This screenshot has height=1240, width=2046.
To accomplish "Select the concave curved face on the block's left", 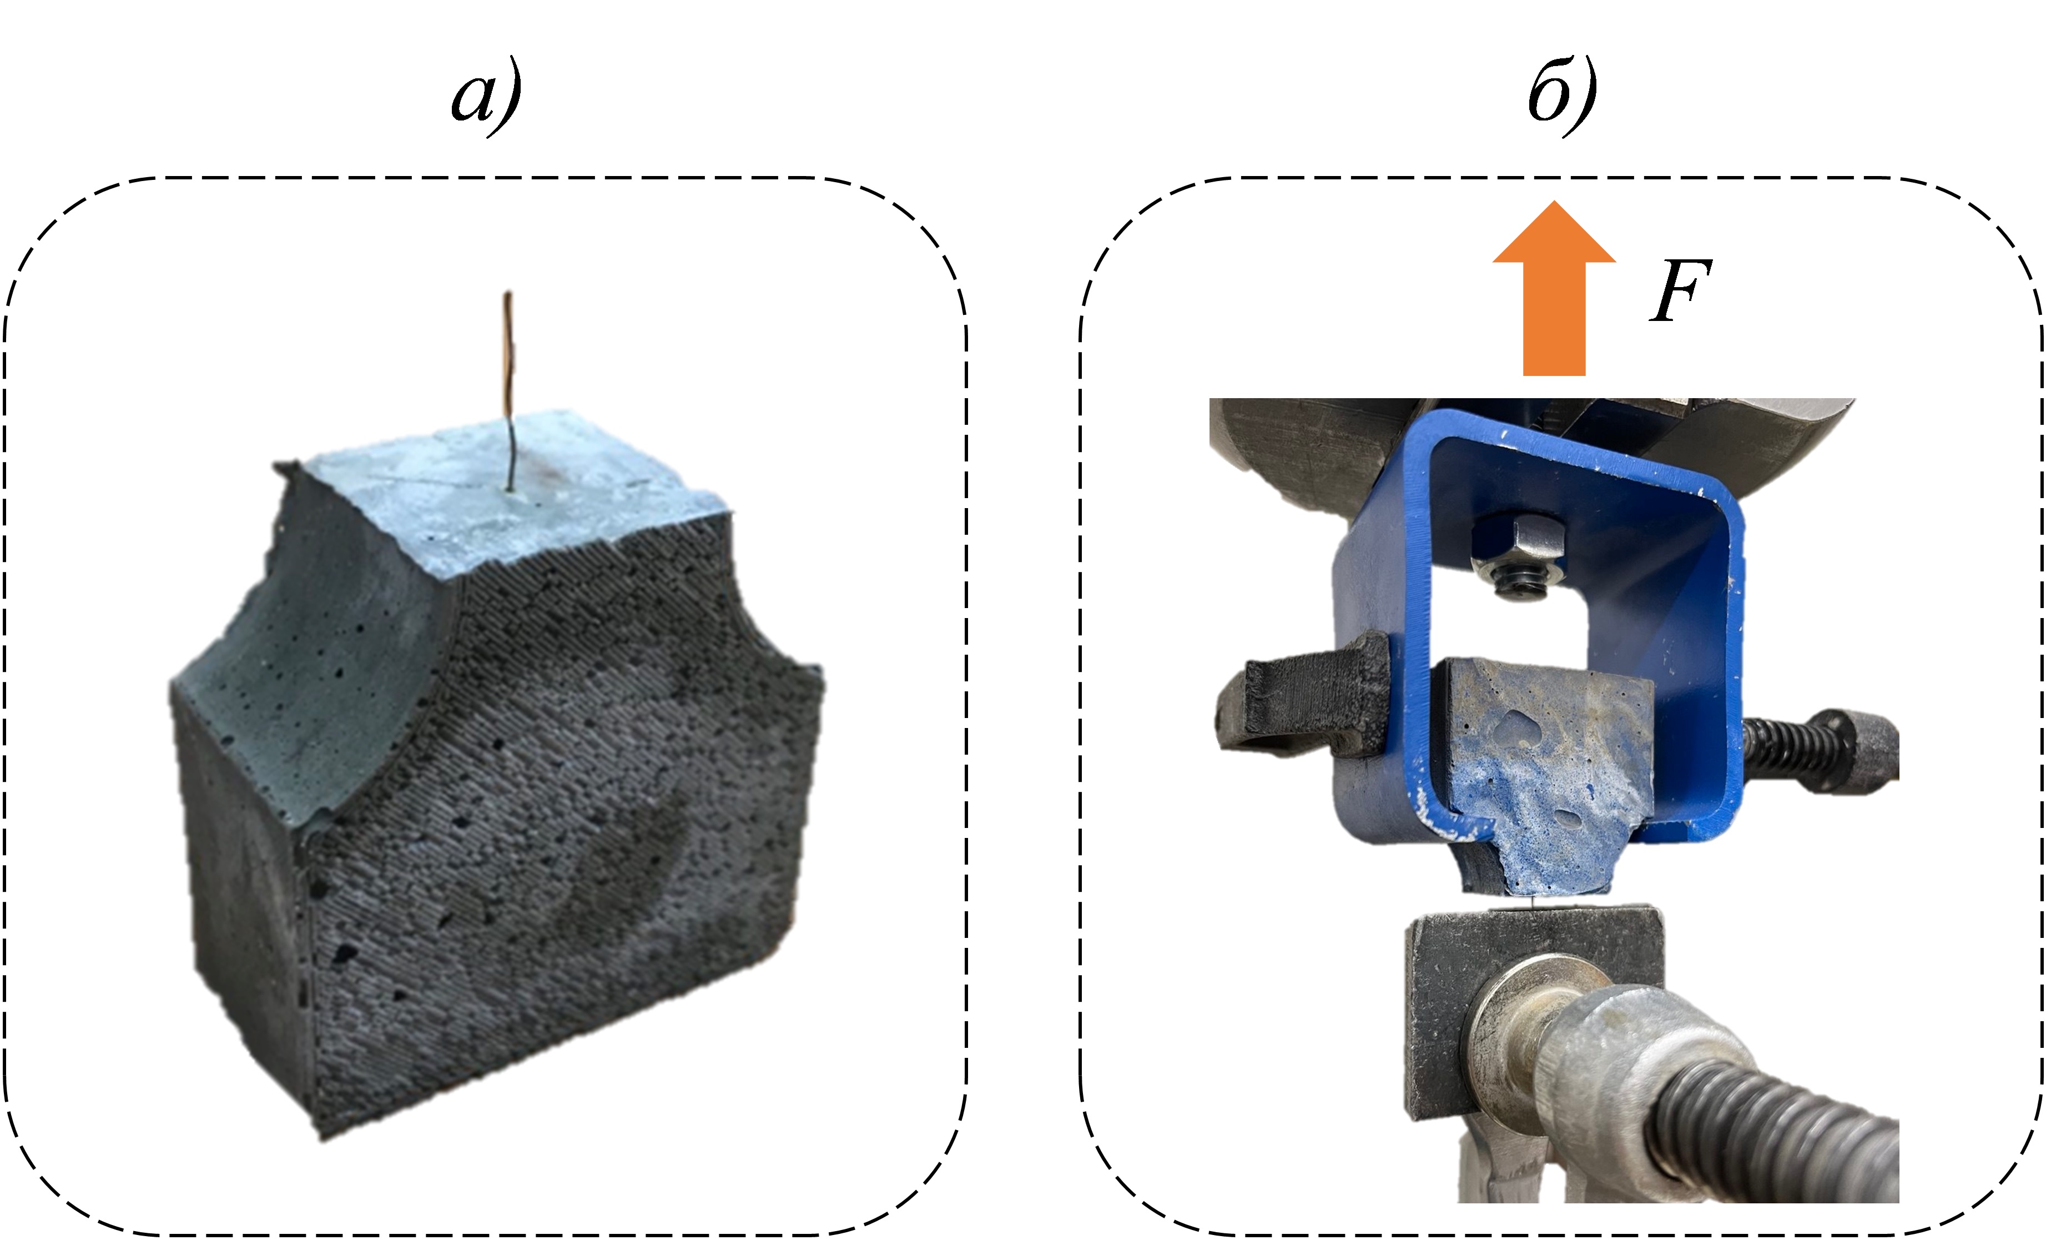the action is point(324,656).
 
